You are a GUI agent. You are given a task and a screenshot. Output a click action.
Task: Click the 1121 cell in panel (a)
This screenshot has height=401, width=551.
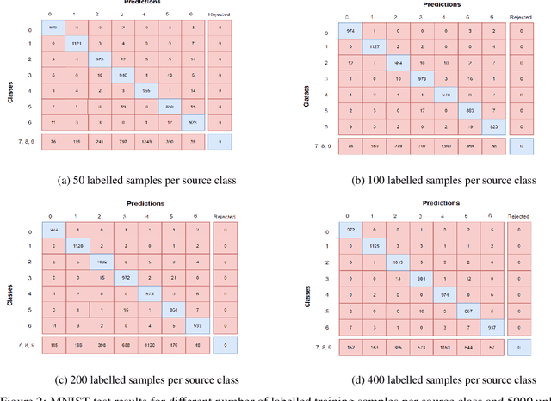pos(77,41)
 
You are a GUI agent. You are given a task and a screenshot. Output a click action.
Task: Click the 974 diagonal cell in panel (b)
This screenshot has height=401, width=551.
pos(350,32)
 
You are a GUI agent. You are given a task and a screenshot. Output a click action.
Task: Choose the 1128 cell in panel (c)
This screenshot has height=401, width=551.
pos(77,246)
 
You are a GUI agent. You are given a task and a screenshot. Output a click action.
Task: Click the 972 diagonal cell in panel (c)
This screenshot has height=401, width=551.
pos(125,277)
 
